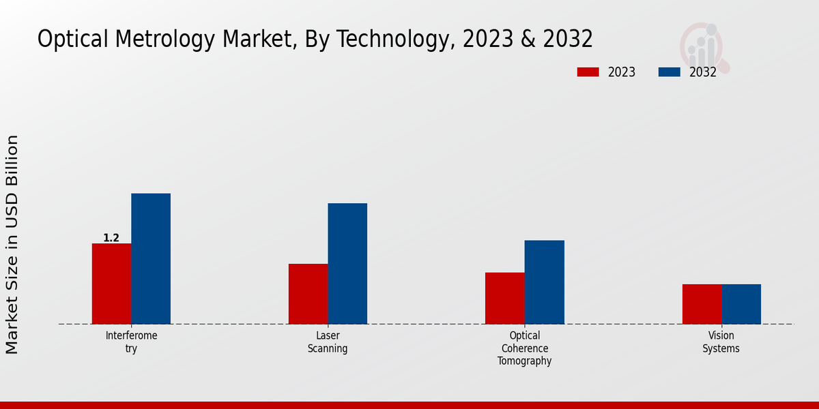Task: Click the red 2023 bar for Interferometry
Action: click(x=111, y=284)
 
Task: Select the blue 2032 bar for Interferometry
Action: click(x=151, y=259)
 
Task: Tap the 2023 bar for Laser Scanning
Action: click(x=308, y=294)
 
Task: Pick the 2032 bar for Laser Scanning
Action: click(x=347, y=264)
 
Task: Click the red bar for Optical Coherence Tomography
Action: click(x=504, y=298)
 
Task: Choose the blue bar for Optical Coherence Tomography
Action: click(x=545, y=282)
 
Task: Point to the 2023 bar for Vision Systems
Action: click(x=702, y=304)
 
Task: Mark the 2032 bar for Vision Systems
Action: click(x=741, y=304)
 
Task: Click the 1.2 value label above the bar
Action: click(x=111, y=238)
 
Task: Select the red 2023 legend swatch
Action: click(x=588, y=72)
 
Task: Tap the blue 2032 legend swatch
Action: click(x=669, y=72)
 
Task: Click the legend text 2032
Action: click(x=703, y=72)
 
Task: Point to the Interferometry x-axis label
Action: click(x=131, y=342)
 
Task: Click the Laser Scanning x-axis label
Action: click(x=328, y=342)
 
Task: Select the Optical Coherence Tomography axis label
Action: click(x=524, y=348)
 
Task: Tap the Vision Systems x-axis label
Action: click(x=721, y=342)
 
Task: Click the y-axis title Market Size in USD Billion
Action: click(x=12, y=244)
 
